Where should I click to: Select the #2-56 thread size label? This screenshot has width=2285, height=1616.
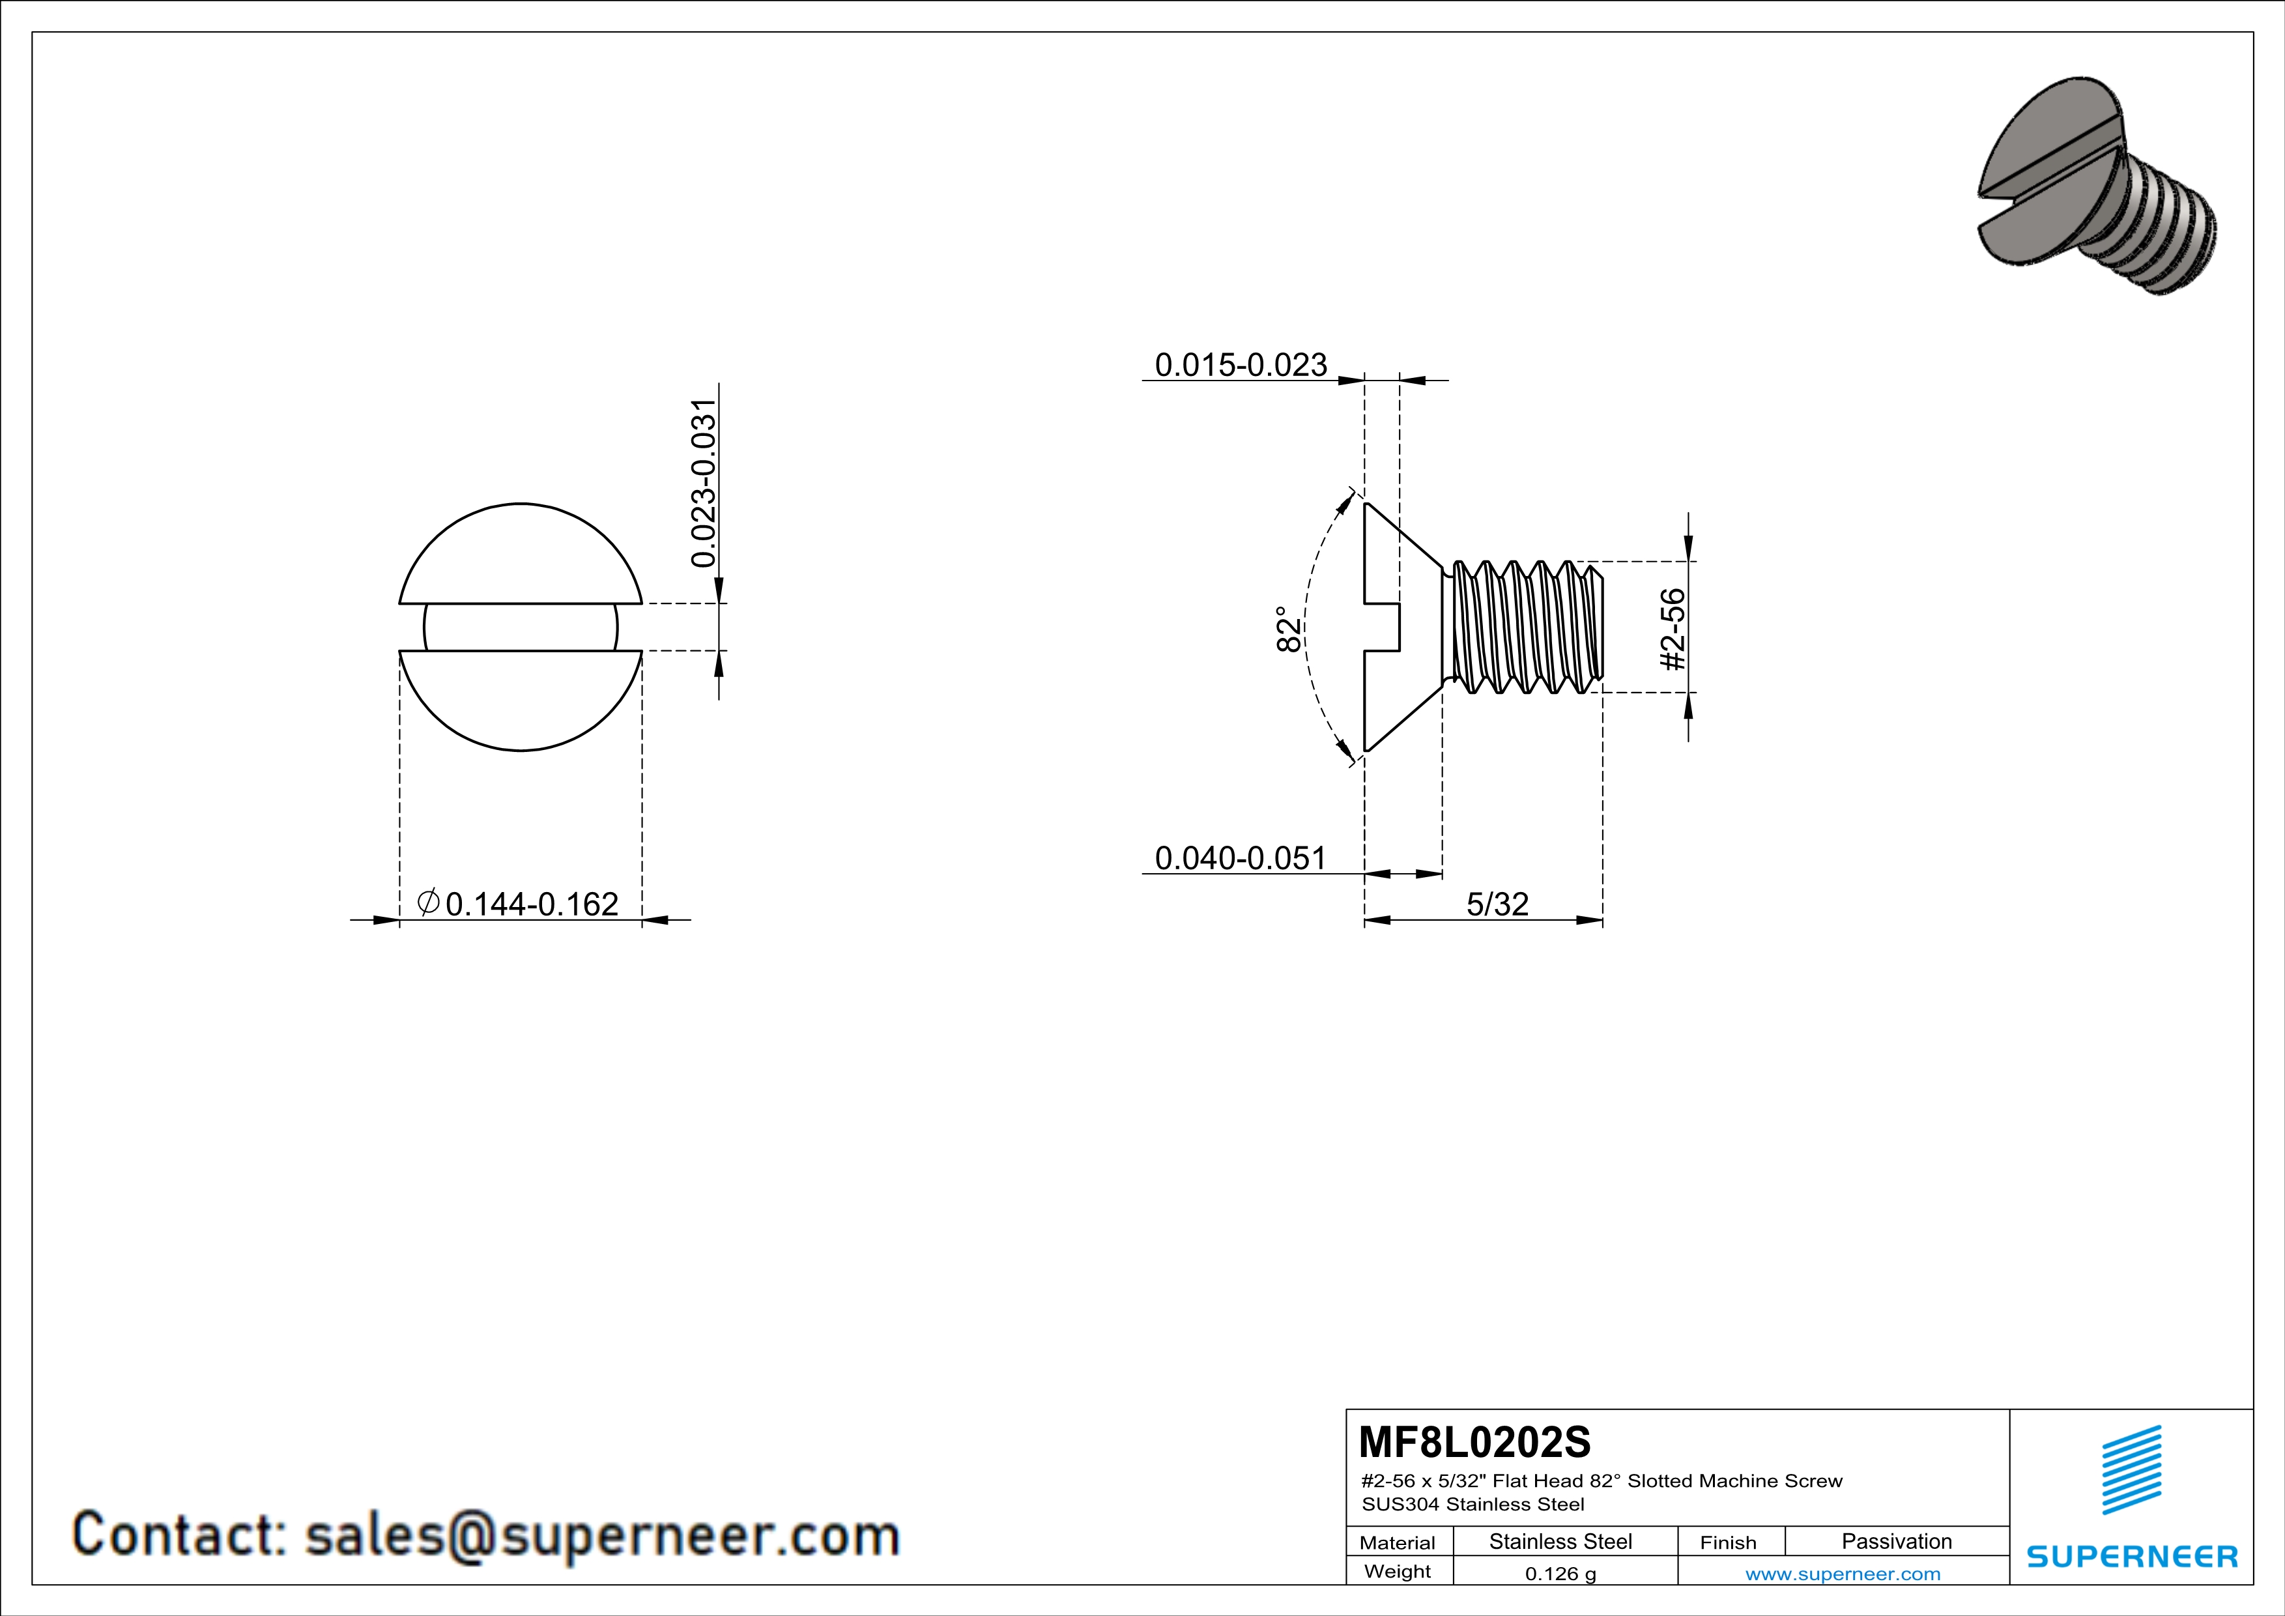click(x=1673, y=629)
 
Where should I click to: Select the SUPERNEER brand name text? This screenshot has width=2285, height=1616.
click(x=2132, y=1556)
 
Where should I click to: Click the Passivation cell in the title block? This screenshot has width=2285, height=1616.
click(x=1897, y=1541)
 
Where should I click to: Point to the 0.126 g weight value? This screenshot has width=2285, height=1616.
click(x=1560, y=1573)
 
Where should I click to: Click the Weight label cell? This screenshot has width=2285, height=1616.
click(x=1398, y=1571)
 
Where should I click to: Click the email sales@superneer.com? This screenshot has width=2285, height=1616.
click(x=602, y=1535)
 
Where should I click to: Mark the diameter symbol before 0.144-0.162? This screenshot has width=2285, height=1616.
click(x=428, y=902)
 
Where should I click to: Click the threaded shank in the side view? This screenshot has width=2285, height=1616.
click(x=1523, y=626)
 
